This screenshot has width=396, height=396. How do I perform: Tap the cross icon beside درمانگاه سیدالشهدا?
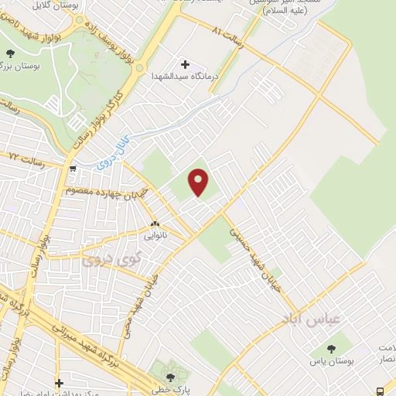[184, 63]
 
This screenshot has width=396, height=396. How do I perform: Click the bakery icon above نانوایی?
[155, 219]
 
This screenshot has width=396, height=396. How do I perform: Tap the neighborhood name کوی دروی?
[108, 261]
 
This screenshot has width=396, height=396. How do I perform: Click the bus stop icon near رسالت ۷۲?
[72, 168]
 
